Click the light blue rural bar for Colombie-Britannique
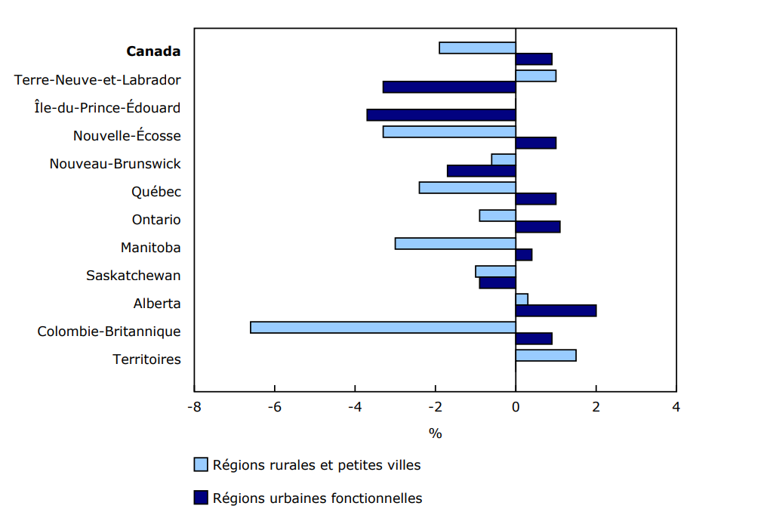tap(383, 327)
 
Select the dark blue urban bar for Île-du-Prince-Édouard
tap(441, 115)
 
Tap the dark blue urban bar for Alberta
tap(556, 310)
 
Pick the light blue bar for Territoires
tap(546, 355)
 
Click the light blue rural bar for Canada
tap(477, 48)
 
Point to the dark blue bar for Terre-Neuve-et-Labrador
tap(449, 87)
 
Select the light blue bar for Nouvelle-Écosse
tap(449, 131)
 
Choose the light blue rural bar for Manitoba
tap(455, 243)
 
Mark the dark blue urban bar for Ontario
tap(538, 227)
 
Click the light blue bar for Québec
tap(467, 187)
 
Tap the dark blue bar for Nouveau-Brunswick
tap(481, 171)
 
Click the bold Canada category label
tap(153, 51)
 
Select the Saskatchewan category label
tap(134, 275)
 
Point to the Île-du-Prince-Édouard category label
tap(107, 107)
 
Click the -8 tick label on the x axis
tap(194, 407)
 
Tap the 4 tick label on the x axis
tap(676, 407)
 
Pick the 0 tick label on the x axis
tap(516, 407)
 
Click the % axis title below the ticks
tap(435, 433)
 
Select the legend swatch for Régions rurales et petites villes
tap(201, 464)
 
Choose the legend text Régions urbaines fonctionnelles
tap(317, 498)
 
